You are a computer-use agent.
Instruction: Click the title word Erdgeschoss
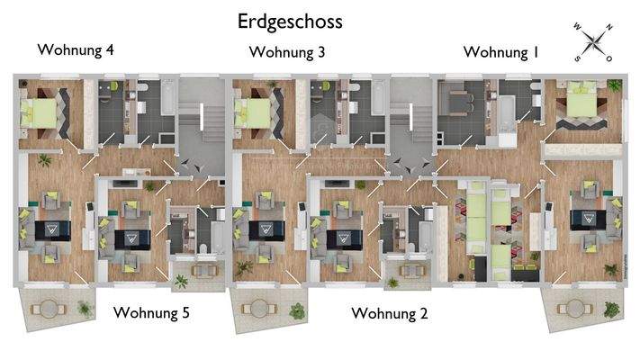[x=290, y=20]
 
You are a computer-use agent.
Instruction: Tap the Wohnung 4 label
[x=76, y=49]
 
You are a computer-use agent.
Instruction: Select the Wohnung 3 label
[x=287, y=52]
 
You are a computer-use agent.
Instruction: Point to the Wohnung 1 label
[x=500, y=52]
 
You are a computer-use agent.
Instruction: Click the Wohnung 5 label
[x=150, y=312]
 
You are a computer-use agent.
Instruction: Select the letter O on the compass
[x=609, y=58]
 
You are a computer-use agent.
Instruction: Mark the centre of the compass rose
[x=593, y=42]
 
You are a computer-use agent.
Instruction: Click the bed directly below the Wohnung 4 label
[x=41, y=113]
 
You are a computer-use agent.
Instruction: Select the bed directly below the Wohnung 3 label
[x=255, y=113]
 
